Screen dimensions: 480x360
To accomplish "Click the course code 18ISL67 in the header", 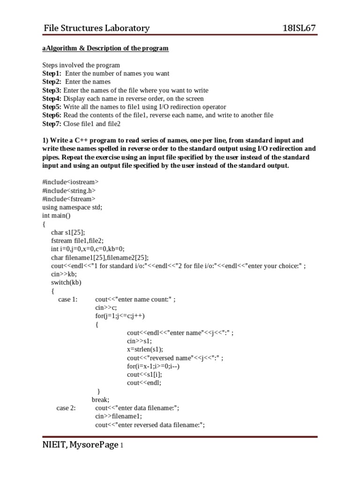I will point(299,28).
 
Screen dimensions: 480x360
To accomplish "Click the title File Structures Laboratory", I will point(97,28).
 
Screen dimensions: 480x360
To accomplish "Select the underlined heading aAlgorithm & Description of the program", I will point(105,48).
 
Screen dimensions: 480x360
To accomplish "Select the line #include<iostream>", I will point(70,181).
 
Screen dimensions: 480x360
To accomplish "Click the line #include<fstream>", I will point(69,198).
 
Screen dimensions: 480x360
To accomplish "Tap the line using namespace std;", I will point(72,207).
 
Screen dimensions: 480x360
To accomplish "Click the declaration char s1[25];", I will point(68,232).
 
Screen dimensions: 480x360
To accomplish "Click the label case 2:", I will point(66,408).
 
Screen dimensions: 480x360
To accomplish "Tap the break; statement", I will point(100,400).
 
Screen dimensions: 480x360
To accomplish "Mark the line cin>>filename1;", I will point(118,416).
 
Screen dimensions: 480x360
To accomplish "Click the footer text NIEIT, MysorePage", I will point(80,445).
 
